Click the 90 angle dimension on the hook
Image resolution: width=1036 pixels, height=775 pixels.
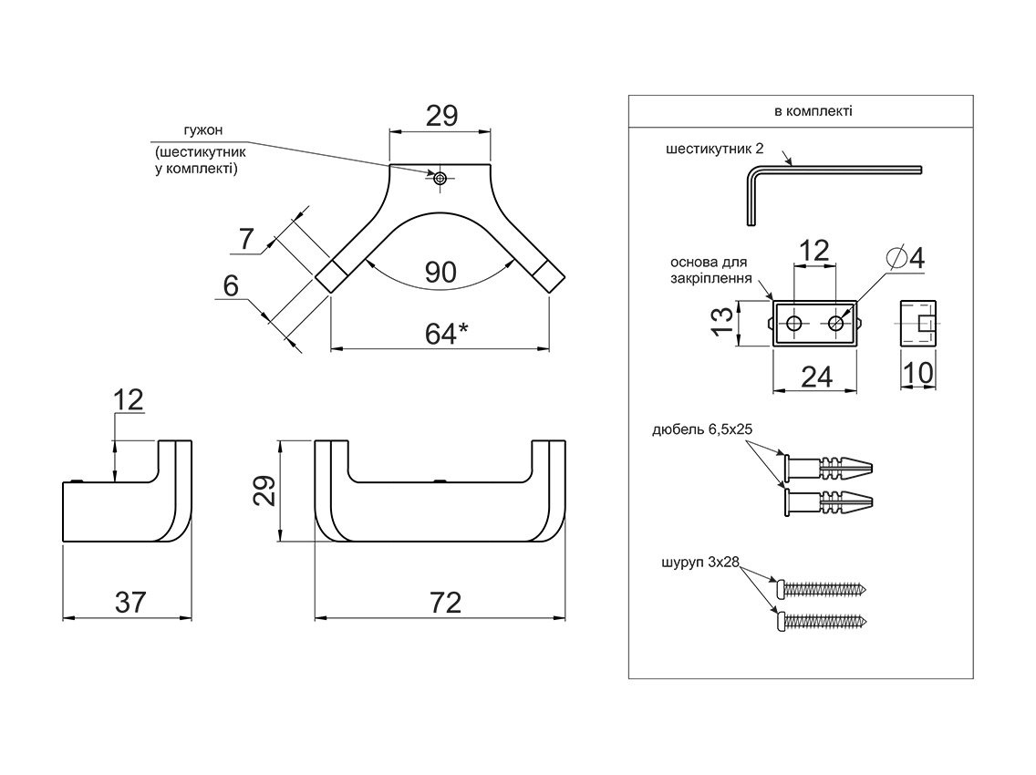coord(441,272)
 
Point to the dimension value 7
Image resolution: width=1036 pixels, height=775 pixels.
coord(245,239)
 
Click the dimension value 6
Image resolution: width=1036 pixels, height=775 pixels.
coord(230,286)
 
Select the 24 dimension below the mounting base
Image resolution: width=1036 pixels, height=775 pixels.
coord(816,377)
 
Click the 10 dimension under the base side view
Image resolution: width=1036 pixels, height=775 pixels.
coord(919,372)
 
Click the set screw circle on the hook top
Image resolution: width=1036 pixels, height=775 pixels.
coord(440,178)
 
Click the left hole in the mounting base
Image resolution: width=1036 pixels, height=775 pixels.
coord(794,324)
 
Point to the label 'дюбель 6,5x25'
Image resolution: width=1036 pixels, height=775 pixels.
coord(701,429)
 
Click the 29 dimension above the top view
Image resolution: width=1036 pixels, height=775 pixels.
coord(441,116)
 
